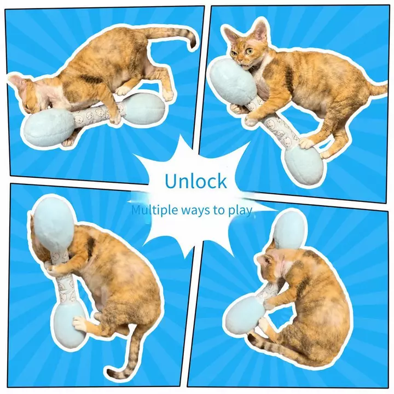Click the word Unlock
tap(196, 181)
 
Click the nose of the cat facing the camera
tap(241, 61)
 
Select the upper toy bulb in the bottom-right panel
tap(289, 231)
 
